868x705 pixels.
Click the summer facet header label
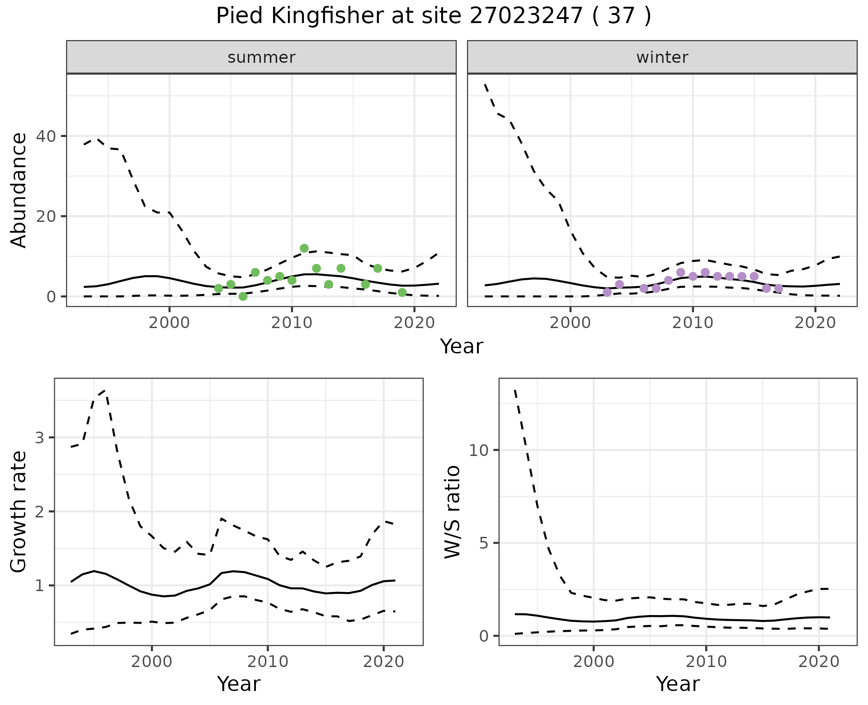click(261, 57)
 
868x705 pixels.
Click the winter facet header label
click(662, 57)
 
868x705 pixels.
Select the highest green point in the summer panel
click(304, 248)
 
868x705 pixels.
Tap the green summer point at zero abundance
click(243, 296)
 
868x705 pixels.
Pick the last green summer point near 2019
click(402, 292)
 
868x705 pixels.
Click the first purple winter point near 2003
click(607, 292)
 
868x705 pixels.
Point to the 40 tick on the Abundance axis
click(42, 136)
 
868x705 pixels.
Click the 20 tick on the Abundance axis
click(42, 216)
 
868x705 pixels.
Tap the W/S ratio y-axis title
click(453, 512)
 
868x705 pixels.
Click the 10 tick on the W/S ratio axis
click(479, 450)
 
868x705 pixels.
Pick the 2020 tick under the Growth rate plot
click(383, 662)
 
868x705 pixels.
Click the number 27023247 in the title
click(526, 16)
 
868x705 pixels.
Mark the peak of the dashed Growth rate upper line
click(105, 390)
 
